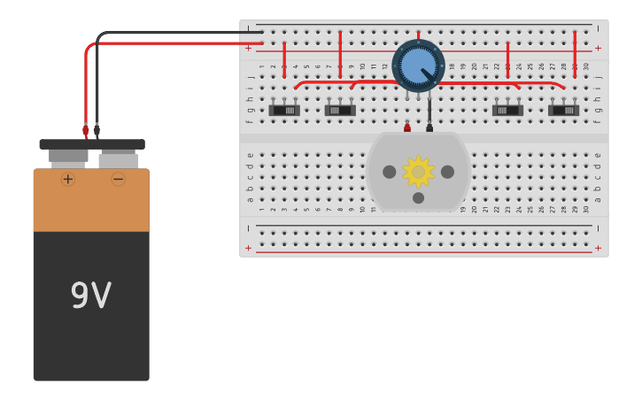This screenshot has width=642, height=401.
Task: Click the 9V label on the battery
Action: click(90, 296)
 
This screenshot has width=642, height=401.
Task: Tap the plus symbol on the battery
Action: click(68, 179)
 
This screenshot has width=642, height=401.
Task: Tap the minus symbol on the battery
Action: click(118, 179)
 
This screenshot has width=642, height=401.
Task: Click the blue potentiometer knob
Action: click(418, 66)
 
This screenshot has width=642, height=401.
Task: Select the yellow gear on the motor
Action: click(418, 172)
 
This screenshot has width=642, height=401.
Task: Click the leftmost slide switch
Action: click(284, 110)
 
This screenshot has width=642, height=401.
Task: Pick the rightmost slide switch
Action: click(563, 110)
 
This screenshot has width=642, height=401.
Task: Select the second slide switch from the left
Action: click(340, 110)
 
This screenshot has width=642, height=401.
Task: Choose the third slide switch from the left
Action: click(507, 110)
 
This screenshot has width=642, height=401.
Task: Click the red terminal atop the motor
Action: click(407, 128)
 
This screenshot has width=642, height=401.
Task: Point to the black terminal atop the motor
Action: click(429, 128)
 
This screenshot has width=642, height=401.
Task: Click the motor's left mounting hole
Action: click(389, 172)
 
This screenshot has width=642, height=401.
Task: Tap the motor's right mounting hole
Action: click(447, 172)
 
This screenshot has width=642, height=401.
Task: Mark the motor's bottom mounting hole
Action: click(418, 197)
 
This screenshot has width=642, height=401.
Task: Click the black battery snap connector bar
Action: click(92, 144)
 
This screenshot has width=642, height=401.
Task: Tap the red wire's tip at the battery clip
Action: click(86, 131)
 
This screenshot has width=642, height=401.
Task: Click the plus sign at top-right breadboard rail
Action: click(598, 48)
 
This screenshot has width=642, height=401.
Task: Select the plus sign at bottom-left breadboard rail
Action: click(248, 249)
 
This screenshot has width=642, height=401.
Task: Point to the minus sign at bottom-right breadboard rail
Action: click(598, 228)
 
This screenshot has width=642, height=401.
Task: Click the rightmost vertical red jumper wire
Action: click(575, 55)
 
